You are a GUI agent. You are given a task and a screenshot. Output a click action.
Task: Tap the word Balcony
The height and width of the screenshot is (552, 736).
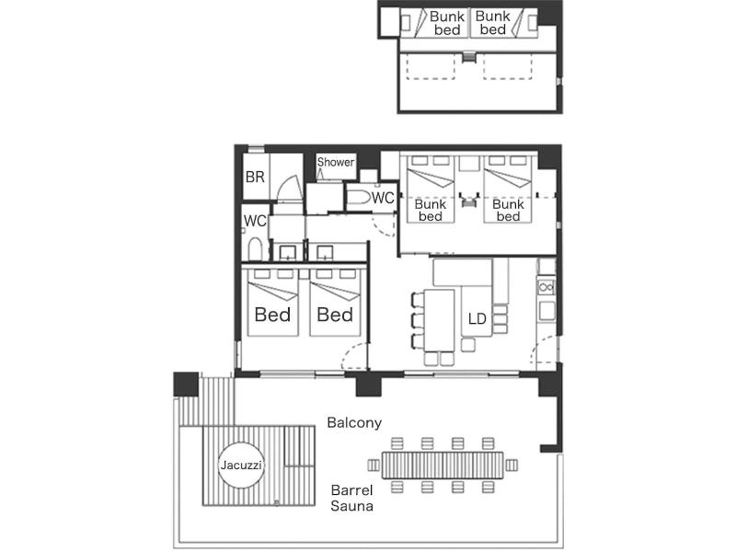pyautogui.click(x=354, y=422)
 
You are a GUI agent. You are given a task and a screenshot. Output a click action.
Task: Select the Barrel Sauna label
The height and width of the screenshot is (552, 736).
pyautogui.click(x=352, y=498)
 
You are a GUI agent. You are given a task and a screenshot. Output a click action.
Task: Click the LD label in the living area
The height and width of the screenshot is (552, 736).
pyautogui.click(x=477, y=318)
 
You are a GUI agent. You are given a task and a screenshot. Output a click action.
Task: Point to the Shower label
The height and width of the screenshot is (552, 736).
pyautogui.click(x=336, y=162)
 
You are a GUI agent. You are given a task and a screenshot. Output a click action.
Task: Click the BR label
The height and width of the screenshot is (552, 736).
pyautogui.click(x=255, y=177)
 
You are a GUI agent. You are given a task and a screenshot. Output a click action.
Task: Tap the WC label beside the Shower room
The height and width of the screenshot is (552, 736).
pyautogui.click(x=383, y=198)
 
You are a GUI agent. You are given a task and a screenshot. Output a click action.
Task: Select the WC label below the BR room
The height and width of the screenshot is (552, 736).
pyautogui.click(x=255, y=221)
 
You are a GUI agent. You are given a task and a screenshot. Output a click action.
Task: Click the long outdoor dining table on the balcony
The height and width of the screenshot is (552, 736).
pyautogui.click(x=443, y=466)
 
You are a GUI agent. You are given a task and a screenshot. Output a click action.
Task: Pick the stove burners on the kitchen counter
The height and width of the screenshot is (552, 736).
pyautogui.click(x=546, y=287)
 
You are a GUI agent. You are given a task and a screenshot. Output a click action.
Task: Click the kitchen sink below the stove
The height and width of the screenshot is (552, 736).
pyautogui.click(x=546, y=311)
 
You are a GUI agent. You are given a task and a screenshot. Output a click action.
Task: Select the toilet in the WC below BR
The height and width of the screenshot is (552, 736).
pyautogui.click(x=255, y=248)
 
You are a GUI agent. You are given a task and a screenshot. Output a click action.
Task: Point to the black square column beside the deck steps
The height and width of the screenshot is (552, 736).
pyautogui.click(x=186, y=385)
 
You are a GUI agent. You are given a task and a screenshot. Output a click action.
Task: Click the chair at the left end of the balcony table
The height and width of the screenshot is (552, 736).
pyautogui.click(x=374, y=466)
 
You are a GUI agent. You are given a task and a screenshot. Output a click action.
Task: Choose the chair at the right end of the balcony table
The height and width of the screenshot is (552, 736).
pyautogui.click(x=512, y=466)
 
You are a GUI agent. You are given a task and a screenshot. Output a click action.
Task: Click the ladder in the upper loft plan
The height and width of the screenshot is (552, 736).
pyautogui.click(x=469, y=56)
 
